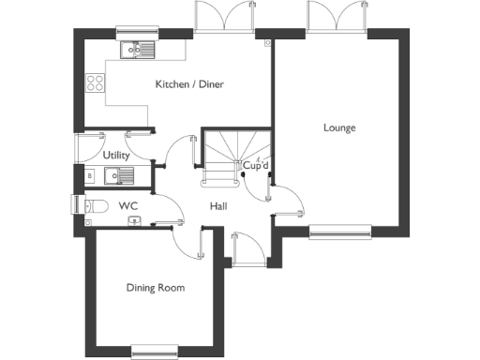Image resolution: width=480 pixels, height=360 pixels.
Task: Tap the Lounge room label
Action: [339, 127]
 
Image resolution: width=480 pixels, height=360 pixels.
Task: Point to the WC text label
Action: [126, 204]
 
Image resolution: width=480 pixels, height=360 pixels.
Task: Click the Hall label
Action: [217, 205]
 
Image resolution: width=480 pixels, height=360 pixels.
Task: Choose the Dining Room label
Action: [156, 288]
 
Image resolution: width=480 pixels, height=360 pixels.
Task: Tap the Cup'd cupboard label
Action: [256, 168]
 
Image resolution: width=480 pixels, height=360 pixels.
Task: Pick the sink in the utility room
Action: [120, 174]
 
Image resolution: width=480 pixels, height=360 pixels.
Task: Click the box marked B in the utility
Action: [89, 175]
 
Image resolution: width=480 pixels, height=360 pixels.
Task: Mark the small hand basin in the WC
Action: [134, 221]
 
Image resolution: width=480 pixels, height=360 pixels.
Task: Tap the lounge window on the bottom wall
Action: [341, 230]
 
